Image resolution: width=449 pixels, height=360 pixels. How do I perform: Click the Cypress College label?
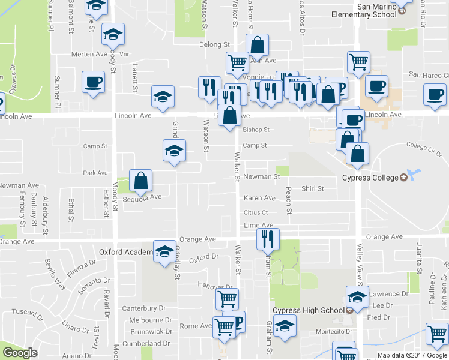(x=370, y=178)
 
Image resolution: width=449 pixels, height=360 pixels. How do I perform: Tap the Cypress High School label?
(x=308, y=310)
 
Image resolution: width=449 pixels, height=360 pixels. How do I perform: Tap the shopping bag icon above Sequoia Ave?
(x=140, y=181)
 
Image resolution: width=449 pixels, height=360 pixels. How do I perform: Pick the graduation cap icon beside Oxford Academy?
(x=164, y=251)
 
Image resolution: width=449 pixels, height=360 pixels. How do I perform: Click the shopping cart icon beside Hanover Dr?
(x=227, y=298)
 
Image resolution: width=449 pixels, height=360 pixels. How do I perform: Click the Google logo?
(x=20, y=353)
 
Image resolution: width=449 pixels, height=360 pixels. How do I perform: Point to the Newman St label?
(x=261, y=177)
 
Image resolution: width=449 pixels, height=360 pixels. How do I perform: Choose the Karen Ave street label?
(x=259, y=198)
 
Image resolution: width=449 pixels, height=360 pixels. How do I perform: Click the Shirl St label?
(x=312, y=188)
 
